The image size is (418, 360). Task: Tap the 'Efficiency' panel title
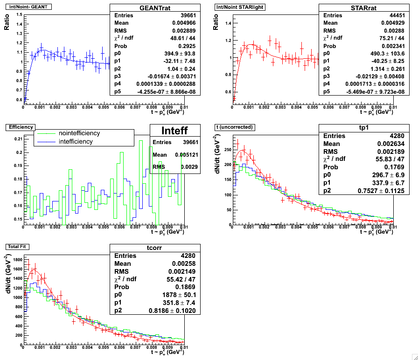tap(18, 126)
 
